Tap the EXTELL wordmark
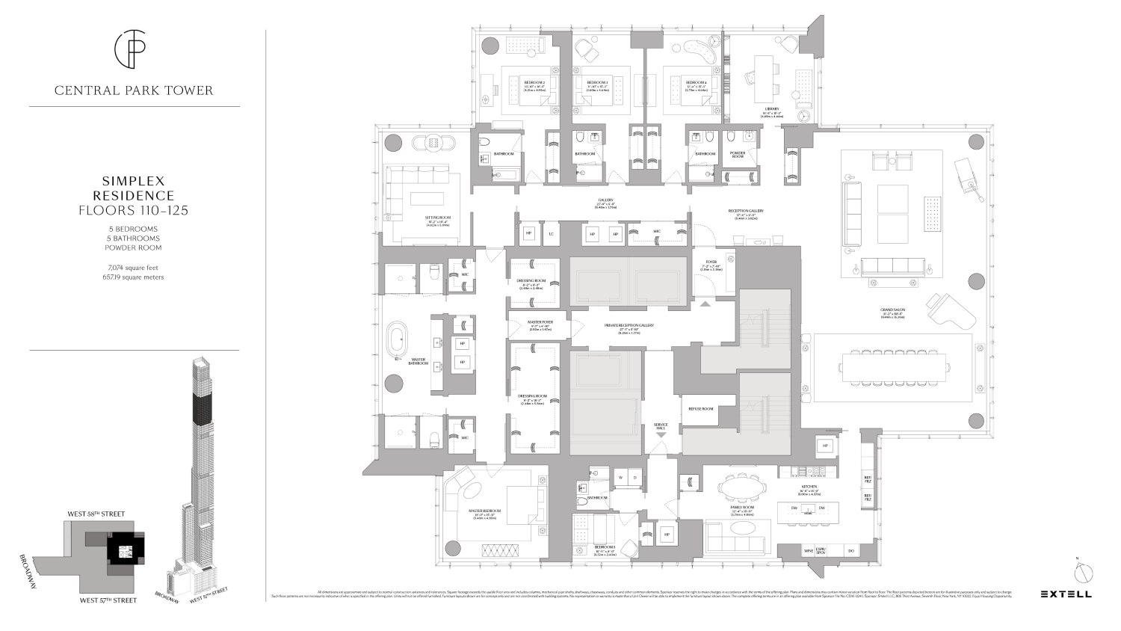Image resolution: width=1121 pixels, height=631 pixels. coord(1066,594)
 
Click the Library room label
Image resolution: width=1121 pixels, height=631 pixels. coord(771,109)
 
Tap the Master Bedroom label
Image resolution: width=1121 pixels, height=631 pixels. coord(484,511)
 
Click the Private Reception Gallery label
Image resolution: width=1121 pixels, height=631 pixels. coord(629,325)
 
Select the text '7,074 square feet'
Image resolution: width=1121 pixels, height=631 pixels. coord(134,267)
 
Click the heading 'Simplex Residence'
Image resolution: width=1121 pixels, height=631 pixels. coord(134,188)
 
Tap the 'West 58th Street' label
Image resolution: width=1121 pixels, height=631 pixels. coord(96,514)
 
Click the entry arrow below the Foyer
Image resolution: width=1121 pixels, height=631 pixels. coord(705,303)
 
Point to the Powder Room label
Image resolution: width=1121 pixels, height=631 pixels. coord(738,155)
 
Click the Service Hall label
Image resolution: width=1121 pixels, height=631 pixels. coord(661,426)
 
